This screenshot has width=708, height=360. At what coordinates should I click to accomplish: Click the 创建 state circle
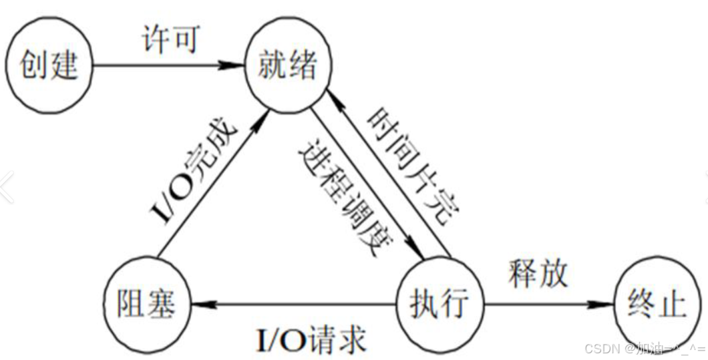[48, 65]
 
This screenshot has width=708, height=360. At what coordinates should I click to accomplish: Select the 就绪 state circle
[287, 67]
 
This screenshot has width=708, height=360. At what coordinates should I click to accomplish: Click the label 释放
[538, 273]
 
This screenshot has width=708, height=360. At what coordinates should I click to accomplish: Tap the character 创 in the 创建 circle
[34, 65]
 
